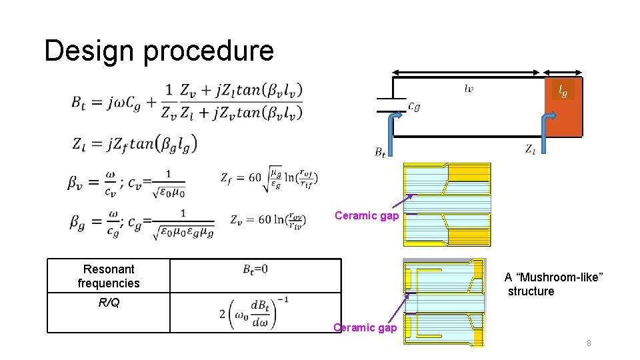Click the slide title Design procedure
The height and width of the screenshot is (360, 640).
point(159,51)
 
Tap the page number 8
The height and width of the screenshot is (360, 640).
point(589,343)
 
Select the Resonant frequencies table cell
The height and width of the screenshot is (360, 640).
point(109,276)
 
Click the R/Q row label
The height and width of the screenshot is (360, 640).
point(109,303)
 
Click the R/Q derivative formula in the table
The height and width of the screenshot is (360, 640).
point(254,313)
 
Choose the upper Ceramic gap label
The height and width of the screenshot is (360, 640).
point(366,215)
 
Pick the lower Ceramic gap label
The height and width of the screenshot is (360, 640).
point(365,327)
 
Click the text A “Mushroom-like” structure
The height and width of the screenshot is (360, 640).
point(553,284)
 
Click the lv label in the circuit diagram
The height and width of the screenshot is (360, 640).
point(469,87)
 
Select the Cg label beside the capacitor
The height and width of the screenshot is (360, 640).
point(413,107)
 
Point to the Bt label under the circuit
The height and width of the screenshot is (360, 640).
point(380,152)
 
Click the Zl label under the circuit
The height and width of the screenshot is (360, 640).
point(531,149)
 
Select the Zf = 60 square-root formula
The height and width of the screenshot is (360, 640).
point(269,178)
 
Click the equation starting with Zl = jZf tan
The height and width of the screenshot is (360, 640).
point(133,143)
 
